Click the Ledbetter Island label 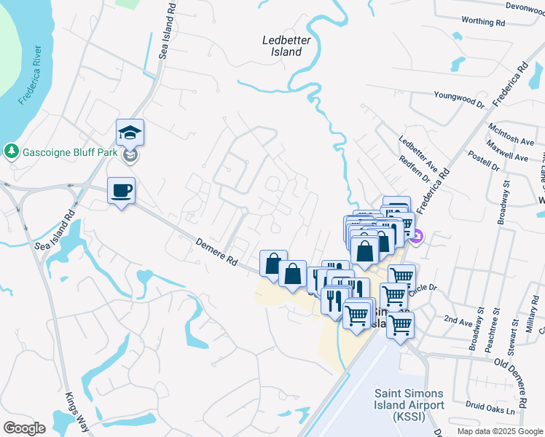pyautogui.click(x=286, y=46)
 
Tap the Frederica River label pyautogui.click(x=34, y=76)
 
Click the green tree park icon pyautogui.click(x=11, y=151)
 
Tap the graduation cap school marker pyautogui.click(x=130, y=133)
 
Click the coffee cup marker pyautogui.click(x=121, y=191)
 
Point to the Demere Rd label pyautogui.click(x=217, y=251)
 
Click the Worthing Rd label pyautogui.click(x=484, y=22)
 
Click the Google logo pyautogui.click(x=24, y=428)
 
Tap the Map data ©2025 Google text pyautogui.click(x=500, y=431)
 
